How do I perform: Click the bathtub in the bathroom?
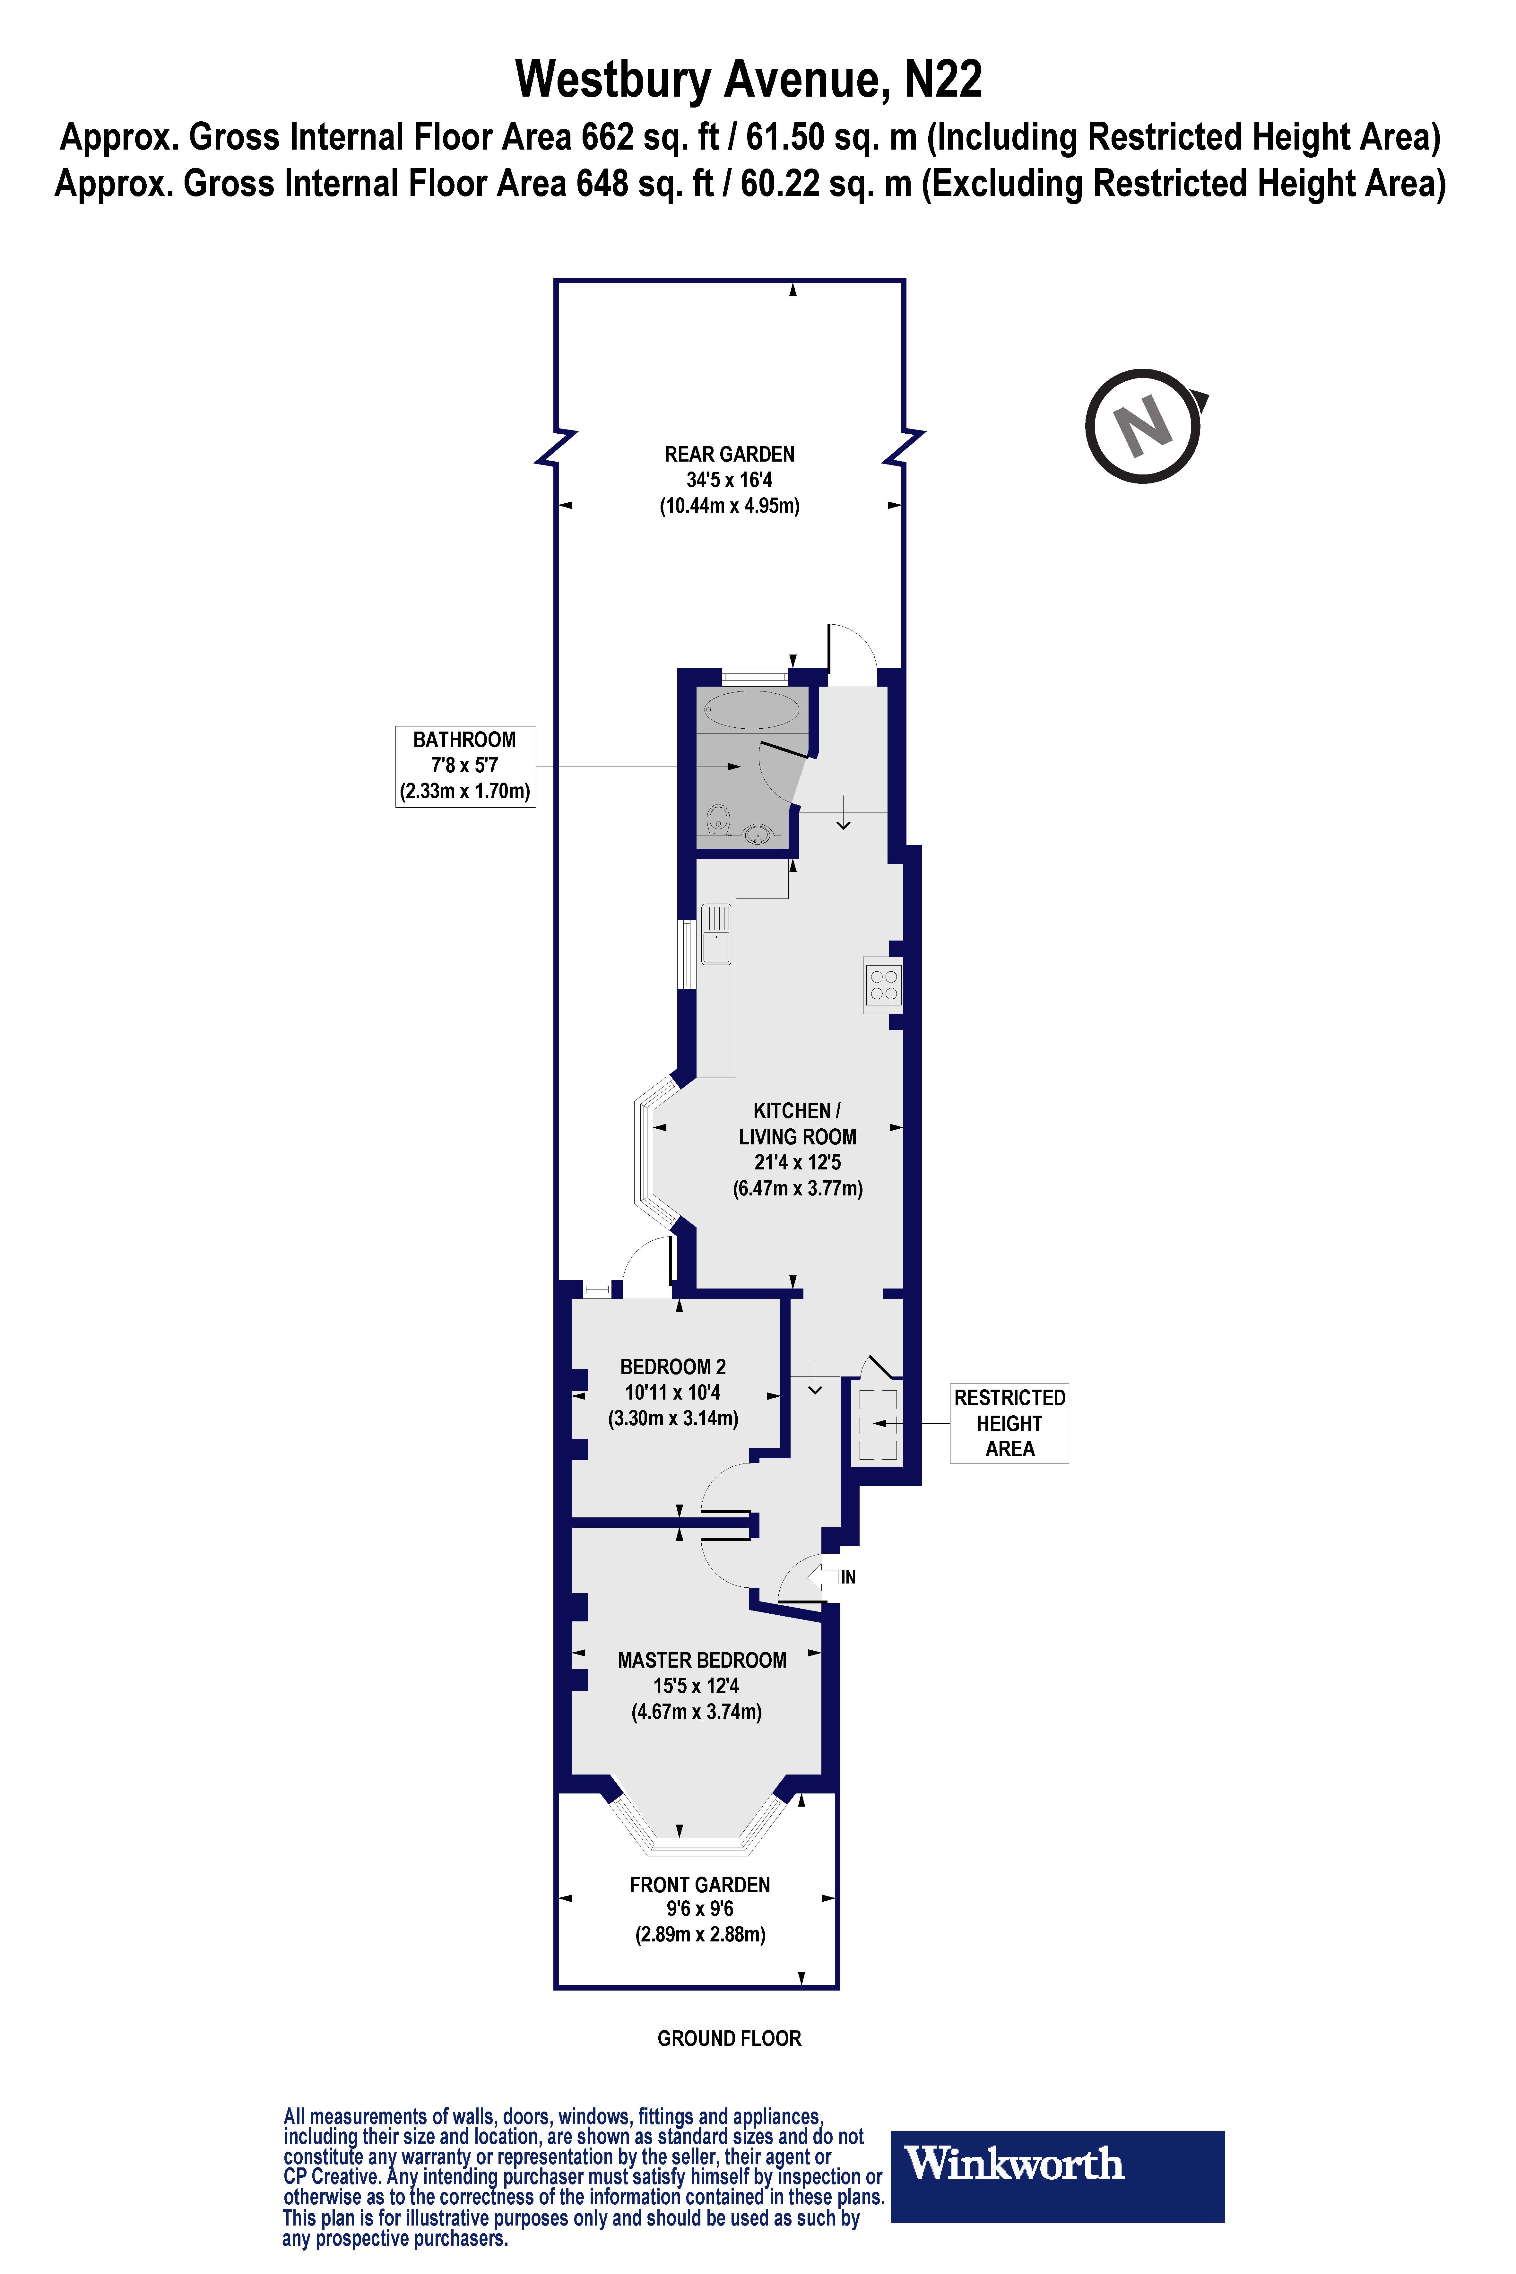click(751, 710)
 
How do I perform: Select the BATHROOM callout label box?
click(465, 766)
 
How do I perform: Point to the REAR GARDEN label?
click(729, 455)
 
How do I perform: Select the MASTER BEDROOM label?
click(702, 1660)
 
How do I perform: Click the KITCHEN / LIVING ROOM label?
click(797, 1124)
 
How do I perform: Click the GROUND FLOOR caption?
click(729, 2038)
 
